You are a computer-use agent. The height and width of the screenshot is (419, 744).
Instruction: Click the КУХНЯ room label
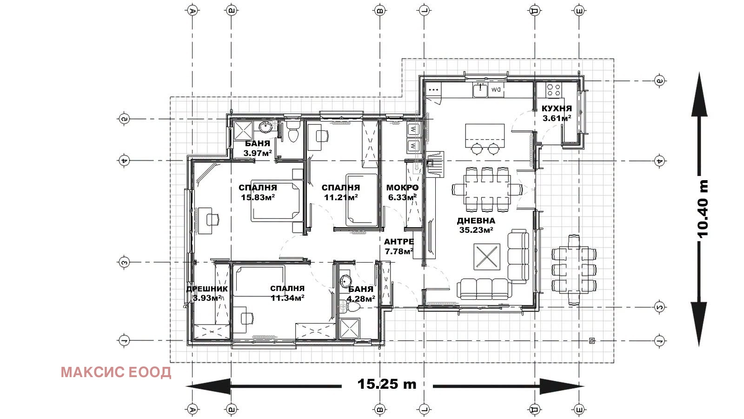pyautogui.click(x=557, y=108)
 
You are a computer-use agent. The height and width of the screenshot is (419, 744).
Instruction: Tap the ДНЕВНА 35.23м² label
pyautogui.click(x=476, y=225)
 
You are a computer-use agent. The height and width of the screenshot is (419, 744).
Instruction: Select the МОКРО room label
pyautogui.click(x=402, y=188)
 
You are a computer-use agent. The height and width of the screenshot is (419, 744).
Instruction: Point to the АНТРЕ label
pyautogui.click(x=399, y=242)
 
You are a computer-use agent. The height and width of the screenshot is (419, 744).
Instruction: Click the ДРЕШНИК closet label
pyautogui.click(x=207, y=289)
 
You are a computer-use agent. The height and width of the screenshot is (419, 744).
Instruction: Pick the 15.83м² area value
pyautogui.click(x=258, y=197)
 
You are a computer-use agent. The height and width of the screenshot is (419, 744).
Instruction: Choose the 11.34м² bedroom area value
pyautogui.click(x=287, y=298)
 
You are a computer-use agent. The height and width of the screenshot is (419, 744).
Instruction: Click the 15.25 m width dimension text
pyautogui.click(x=386, y=384)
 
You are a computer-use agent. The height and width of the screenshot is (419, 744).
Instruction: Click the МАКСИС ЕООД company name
pyautogui.click(x=116, y=372)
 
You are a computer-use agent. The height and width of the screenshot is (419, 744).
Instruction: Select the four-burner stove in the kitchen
pyautogui.click(x=553, y=90)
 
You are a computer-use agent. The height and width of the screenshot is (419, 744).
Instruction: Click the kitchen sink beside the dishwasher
pyautogui.click(x=480, y=90)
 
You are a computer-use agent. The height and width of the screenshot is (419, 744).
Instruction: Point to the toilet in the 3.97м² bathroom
pyautogui.click(x=293, y=131)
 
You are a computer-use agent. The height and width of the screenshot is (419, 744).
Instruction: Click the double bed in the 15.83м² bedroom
pyautogui.click(x=275, y=201)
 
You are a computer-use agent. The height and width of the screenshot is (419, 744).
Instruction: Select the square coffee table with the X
pyautogui.click(x=487, y=257)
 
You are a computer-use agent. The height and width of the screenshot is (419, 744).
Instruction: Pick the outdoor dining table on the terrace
pyautogui.click(x=574, y=270)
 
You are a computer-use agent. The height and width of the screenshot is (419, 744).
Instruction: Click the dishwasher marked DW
pyautogui.click(x=496, y=90)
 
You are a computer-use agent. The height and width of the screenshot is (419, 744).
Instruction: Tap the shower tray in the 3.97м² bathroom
pyautogui.click(x=243, y=131)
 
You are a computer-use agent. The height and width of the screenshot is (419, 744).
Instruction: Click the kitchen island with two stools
pyautogui.click(x=485, y=139)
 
